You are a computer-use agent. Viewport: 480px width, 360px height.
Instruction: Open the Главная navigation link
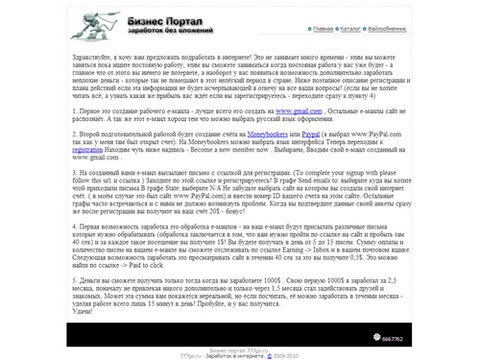pos(353,43)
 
